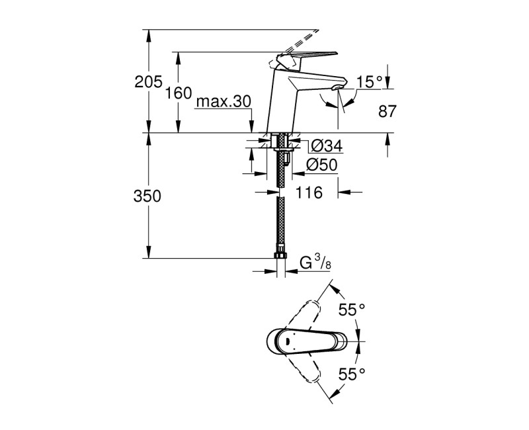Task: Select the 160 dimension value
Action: coord(178,93)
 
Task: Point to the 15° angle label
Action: coord(370,82)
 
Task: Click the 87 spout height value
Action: coord(387,112)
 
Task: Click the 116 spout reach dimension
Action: coord(308,193)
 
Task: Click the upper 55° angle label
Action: coord(352,310)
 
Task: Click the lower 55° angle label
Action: coord(352,374)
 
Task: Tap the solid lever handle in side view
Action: coord(307,58)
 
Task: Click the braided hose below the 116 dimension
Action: coord(280,225)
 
